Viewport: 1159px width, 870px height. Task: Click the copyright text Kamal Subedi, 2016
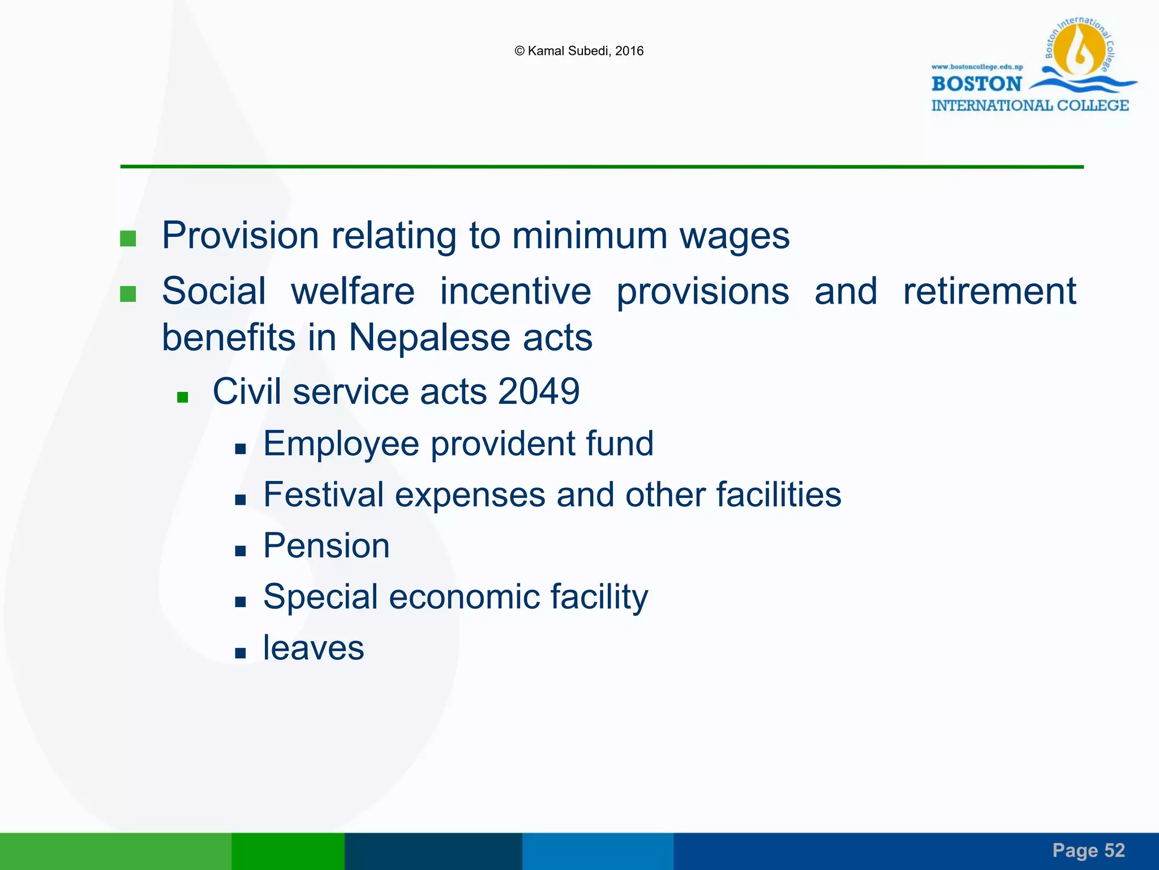579,51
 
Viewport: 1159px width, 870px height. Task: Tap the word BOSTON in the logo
976,84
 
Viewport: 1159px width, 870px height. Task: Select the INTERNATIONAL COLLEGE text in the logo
1030,105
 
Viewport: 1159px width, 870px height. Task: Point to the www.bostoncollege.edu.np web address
977,67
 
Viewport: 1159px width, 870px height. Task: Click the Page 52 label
1088,850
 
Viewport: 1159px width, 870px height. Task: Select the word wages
734,236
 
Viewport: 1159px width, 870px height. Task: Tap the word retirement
989,291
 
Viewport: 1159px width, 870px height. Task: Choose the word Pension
327,546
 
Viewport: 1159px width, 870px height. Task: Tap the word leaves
314,648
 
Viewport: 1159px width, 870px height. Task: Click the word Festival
324,494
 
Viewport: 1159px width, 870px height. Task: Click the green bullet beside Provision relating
128,238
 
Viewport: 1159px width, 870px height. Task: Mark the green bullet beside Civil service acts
182,397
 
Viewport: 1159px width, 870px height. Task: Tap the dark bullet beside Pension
241,551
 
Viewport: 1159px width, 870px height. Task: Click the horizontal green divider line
602,167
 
